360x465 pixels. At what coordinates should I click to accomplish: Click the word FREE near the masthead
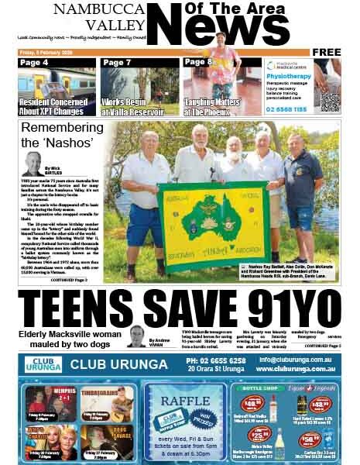click(327, 52)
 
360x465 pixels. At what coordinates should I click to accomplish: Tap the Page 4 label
click(36, 63)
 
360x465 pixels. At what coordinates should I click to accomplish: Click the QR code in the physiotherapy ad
click(329, 100)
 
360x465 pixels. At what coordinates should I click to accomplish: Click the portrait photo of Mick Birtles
click(33, 164)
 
